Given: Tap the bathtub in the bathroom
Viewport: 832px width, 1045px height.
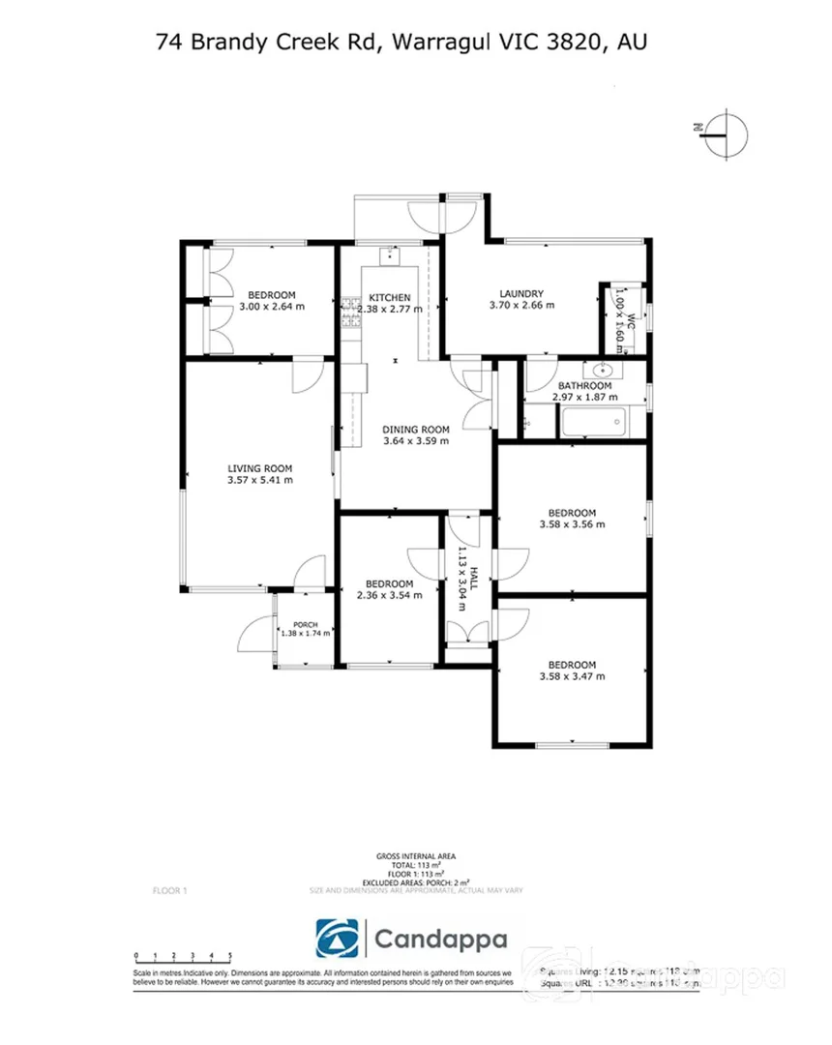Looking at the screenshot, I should [591, 422].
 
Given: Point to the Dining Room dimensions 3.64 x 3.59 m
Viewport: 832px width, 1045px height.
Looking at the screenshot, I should [416, 441].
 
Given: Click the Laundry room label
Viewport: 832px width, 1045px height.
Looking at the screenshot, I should [521, 294].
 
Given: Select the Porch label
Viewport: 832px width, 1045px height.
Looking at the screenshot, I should [306, 624].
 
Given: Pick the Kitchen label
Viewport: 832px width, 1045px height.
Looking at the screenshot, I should [390, 297].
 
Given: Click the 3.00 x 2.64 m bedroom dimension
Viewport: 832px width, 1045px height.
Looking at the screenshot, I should [272, 307].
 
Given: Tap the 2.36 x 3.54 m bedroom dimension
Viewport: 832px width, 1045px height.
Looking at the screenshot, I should [390, 595].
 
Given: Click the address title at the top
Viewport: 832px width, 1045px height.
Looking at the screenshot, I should [401, 42].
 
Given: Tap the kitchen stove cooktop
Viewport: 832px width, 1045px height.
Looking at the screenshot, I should [348, 310].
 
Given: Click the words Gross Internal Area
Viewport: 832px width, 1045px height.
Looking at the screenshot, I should [415, 856].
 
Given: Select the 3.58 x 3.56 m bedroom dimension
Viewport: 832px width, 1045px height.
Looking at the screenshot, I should [572, 524].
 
